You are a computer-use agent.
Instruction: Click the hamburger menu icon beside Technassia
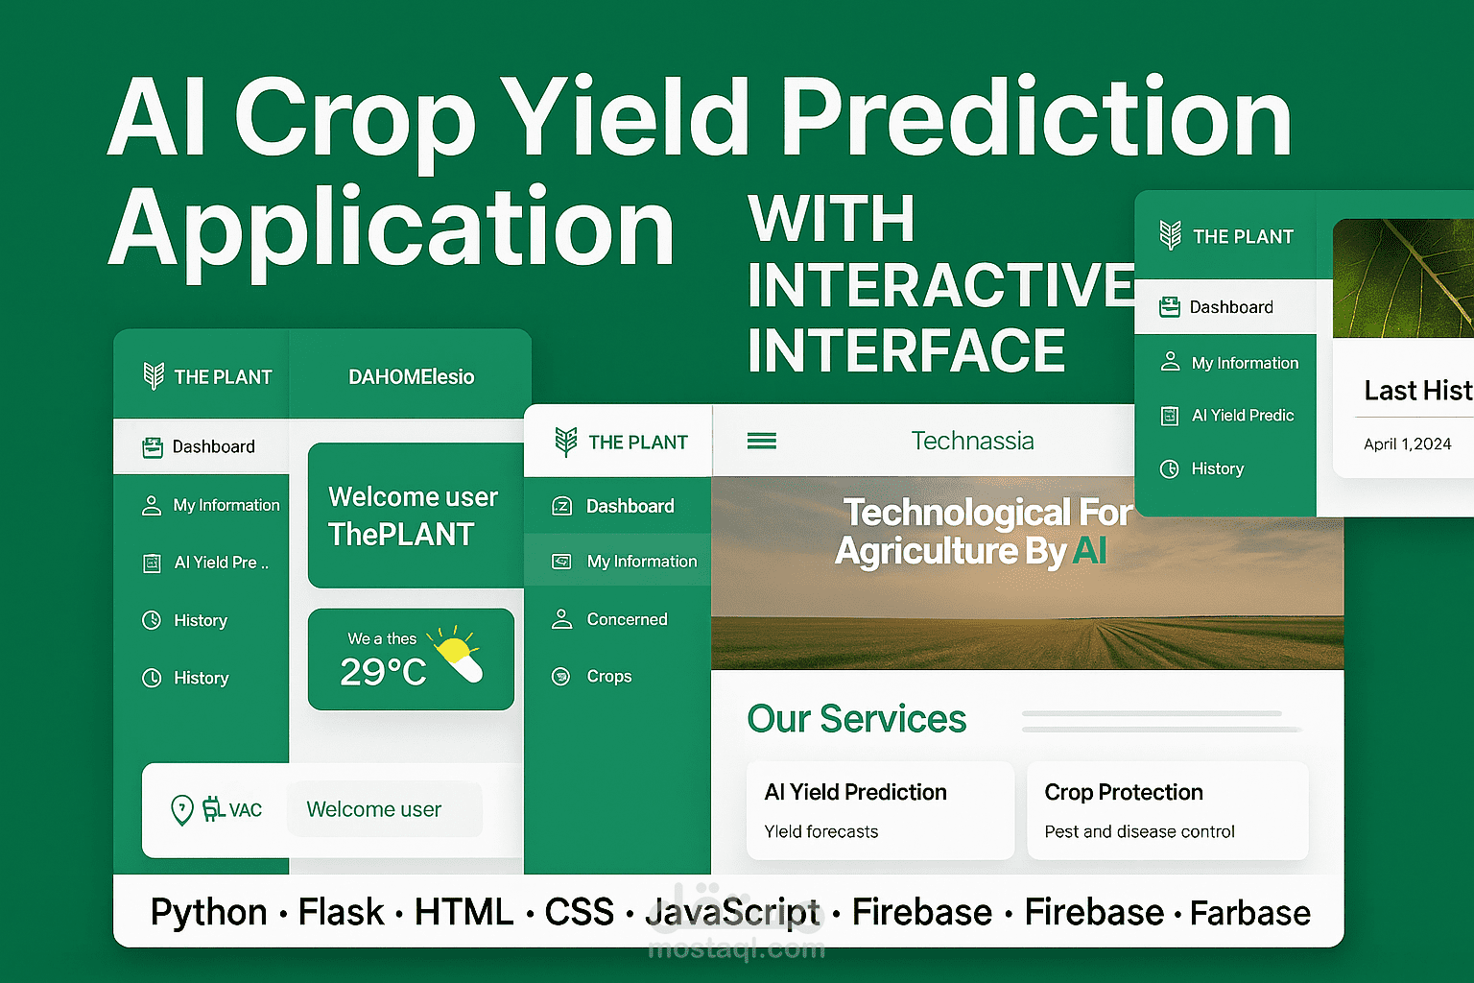(x=761, y=441)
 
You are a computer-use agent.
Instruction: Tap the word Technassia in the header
(x=972, y=441)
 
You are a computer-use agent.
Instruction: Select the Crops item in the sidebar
(x=608, y=676)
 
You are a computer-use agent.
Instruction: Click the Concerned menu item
(x=627, y=619)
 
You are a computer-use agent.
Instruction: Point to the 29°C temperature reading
(x=383, y=672)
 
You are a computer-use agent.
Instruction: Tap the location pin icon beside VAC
(x=182, y=809)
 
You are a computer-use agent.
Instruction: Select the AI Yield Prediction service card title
(x=855, y=791)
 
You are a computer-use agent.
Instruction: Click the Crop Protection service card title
(x=1124, y=792)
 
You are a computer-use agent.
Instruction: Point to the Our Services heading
(x=857, y=718)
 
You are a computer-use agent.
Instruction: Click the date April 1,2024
(x=1408, y=444)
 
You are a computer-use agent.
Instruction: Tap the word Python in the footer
(x=208, y=913)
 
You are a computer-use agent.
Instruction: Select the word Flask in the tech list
(x=341, y=912)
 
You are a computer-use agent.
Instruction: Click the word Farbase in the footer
(x=1250, y=913)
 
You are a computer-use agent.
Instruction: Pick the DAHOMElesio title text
(x=412, y=376)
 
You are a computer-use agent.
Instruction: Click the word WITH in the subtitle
(x=831, y=218)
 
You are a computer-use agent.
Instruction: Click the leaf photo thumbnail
(x=1403, y=277)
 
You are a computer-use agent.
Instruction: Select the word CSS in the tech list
(x=579, y=912)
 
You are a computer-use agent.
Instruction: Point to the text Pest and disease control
(x=1139, y=831)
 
